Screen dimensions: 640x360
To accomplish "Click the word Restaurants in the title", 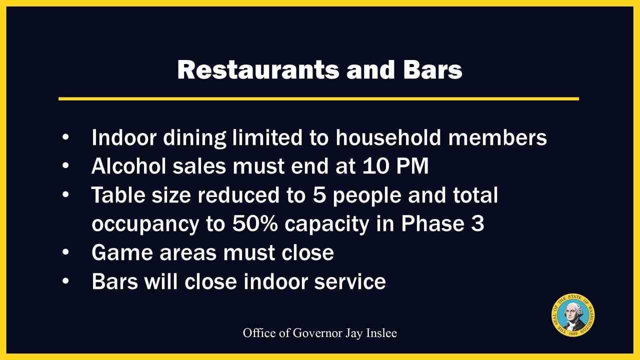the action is [x=258, y=69].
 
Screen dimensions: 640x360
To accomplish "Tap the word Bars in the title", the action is [x=433, y=69].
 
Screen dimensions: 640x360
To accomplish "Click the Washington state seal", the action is [x=573, y=315].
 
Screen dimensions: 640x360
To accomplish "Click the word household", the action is [x=388, y=137].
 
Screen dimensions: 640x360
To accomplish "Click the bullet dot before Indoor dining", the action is [x=65, y=137].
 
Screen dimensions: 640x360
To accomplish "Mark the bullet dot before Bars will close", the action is [x=65, y=281].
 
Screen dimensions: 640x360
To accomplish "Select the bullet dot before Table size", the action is [x=65, y=194].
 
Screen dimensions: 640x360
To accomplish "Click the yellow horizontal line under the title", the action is [x=319, y=99].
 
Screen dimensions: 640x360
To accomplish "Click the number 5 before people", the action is [x=319, y=194].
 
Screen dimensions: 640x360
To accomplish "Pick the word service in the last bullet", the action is [x=350, y=281].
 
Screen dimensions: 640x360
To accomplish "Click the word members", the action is [x=497, y=137].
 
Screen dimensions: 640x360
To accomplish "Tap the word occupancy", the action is [x=145, y=224].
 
